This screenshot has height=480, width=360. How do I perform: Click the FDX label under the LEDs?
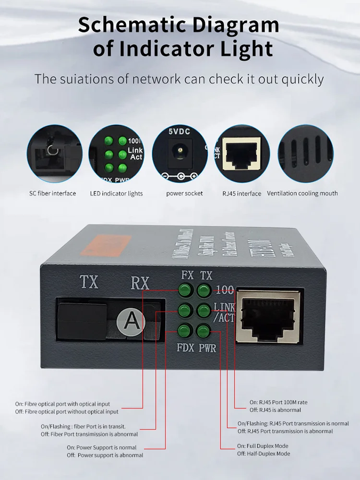tap(185, 347)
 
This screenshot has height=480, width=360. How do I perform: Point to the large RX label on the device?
tap(140, 283)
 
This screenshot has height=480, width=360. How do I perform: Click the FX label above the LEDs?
tap(187, 276)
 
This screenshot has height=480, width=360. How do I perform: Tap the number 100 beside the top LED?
tap(225, 290)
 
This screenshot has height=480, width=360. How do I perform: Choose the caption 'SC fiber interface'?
tap(53, 193)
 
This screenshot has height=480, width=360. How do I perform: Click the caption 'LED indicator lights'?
tap(116, 193)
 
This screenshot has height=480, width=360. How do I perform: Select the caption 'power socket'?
tap(184, 193)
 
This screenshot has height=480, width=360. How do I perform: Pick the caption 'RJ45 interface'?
tap(242, 193)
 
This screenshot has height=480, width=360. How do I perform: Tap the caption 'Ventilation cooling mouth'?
tap(302, 193)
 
